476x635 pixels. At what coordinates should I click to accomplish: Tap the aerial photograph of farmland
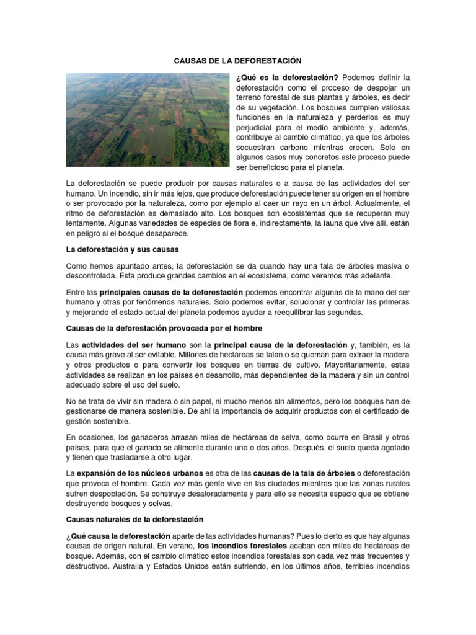pos(148,120)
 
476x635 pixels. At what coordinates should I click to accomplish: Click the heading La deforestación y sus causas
pos(122,249)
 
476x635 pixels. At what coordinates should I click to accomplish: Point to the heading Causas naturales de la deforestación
pos(134,518)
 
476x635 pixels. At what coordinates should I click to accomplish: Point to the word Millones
pos(208,355)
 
